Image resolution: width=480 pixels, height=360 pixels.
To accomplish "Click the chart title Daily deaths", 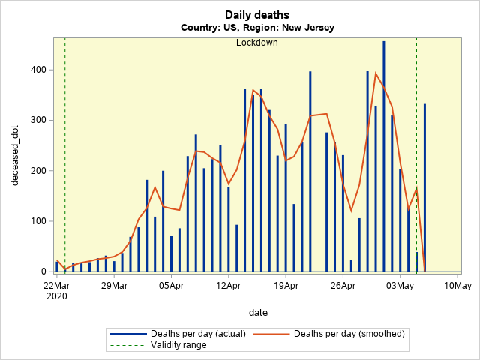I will (257, 15).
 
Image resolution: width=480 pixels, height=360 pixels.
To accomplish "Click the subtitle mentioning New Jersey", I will (257, 28).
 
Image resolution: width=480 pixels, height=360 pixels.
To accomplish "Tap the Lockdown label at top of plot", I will (257, 43).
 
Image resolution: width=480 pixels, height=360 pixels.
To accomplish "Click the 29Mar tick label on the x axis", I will (114, 285).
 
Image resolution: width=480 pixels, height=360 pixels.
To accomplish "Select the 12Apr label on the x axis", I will (228, 285).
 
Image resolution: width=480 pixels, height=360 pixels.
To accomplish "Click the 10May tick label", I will (457, 285).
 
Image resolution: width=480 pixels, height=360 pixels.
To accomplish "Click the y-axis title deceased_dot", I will (14, 154).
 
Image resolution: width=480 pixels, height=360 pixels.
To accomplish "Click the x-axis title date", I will (258, 312).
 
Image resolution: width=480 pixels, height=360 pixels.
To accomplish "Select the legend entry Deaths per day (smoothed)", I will (349, 333).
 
